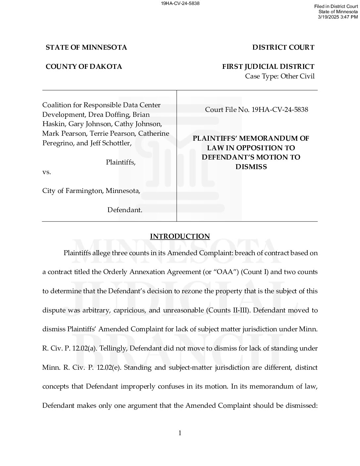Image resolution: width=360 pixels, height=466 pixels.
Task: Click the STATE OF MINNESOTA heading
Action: [86, 47]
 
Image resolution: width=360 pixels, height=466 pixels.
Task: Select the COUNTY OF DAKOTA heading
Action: [84, 67]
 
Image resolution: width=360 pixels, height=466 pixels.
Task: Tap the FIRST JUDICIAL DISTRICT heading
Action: [268, 67]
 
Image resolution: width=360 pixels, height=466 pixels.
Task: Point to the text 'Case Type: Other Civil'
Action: [280, 76]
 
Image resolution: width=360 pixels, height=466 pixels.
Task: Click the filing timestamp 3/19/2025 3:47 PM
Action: [337, 17]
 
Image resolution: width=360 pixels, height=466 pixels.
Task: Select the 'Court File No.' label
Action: [227, 110]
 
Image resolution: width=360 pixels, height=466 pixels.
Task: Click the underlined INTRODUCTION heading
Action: [180, 236]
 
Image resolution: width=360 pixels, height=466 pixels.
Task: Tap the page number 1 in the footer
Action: [180, 433]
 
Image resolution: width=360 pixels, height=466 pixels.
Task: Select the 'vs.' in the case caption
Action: [47, 172]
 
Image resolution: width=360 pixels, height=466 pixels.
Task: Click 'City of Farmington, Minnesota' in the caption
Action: [91, 191]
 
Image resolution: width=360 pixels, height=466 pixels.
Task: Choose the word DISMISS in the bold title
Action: [251, 167]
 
